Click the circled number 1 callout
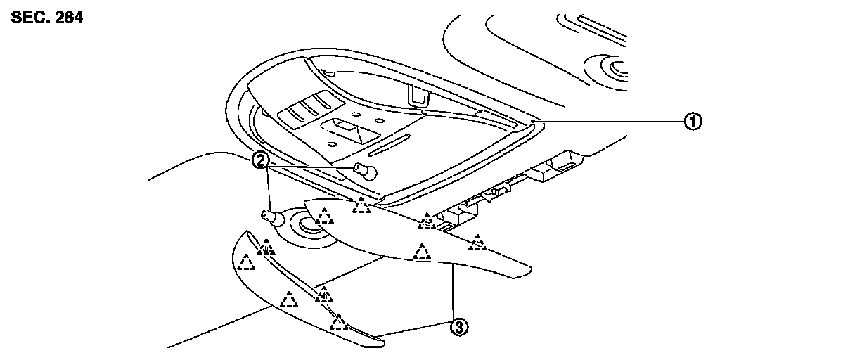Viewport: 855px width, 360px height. (x=693, y=122)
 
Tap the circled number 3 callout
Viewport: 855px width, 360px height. (x=458, y=326)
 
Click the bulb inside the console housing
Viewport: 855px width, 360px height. (x=364, y=169)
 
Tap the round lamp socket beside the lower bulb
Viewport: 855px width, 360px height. (x=308, y=226)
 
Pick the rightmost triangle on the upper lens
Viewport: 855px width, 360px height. (x=478, y=243)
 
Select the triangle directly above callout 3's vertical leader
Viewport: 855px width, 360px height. (x=422, y=252)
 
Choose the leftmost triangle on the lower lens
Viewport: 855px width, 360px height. (x=245, y=262)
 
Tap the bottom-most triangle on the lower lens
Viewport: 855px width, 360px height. (x=340, y=323)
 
